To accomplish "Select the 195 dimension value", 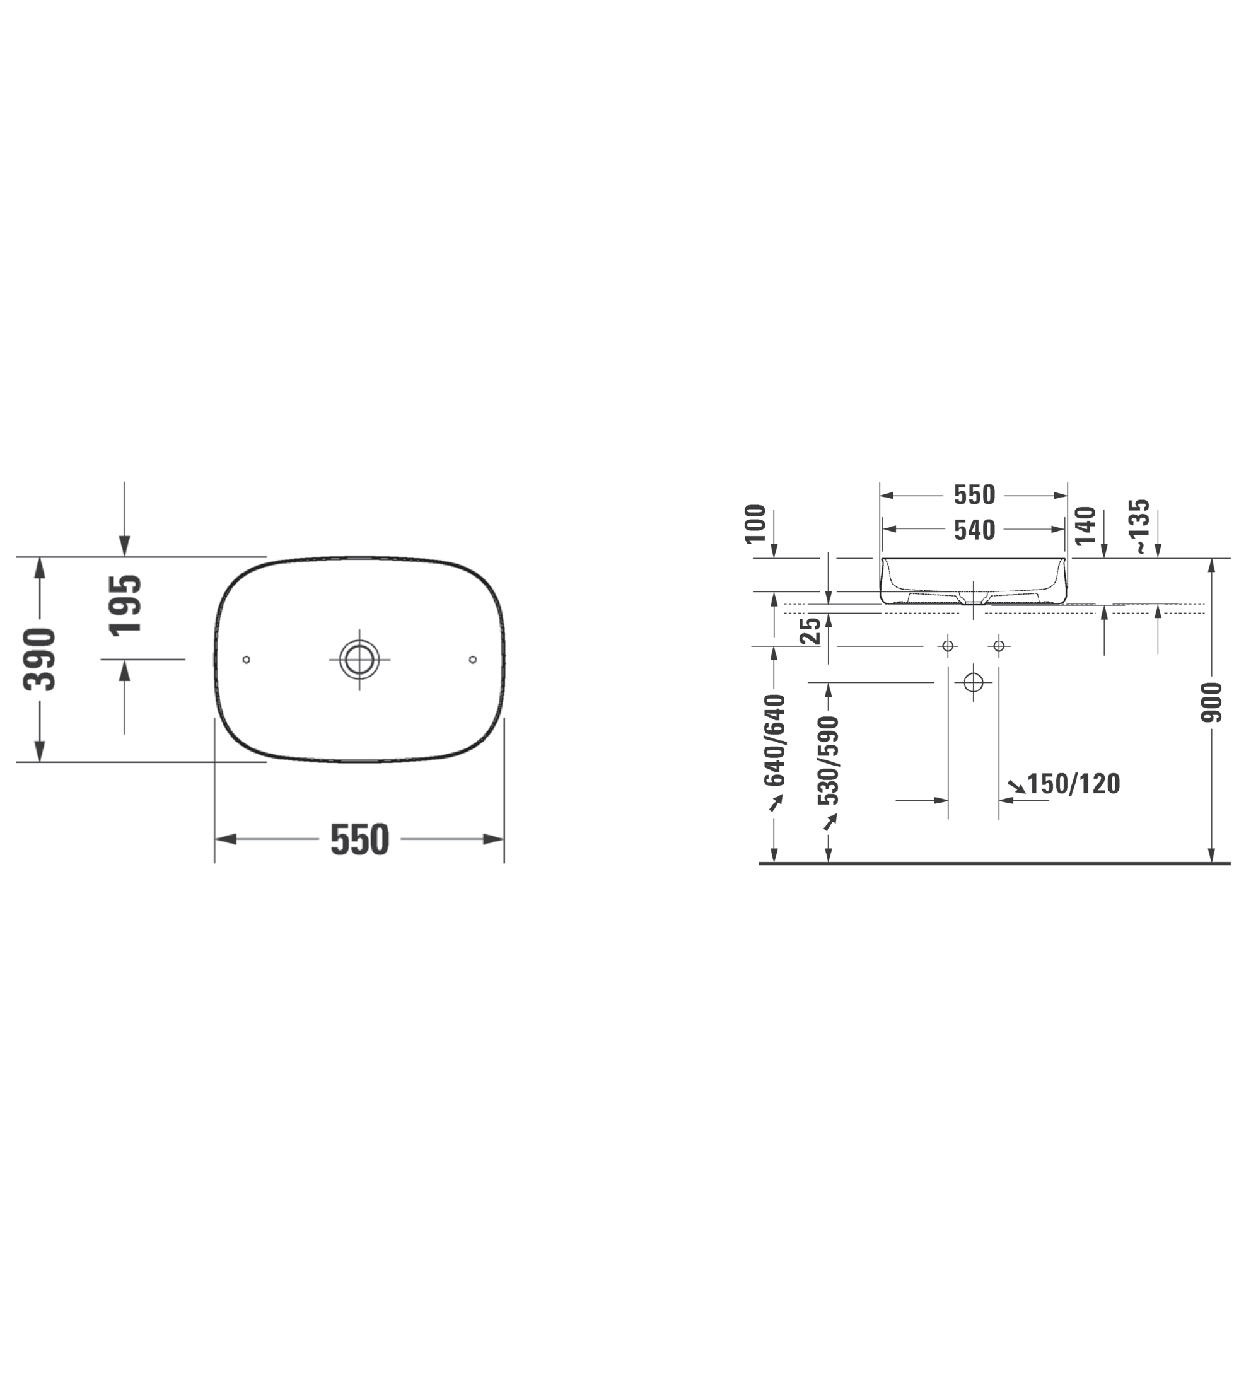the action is [125, 604].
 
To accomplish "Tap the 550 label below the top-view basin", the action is [359, 839].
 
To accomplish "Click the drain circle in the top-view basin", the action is [359, 660].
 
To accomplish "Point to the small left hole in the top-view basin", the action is [247, 660].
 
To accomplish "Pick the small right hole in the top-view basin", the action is [472, 660].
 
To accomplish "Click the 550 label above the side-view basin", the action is [974, 495].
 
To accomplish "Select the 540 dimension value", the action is [974, 530].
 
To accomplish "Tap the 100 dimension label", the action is [755, 524].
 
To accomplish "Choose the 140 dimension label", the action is [1085, 526].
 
